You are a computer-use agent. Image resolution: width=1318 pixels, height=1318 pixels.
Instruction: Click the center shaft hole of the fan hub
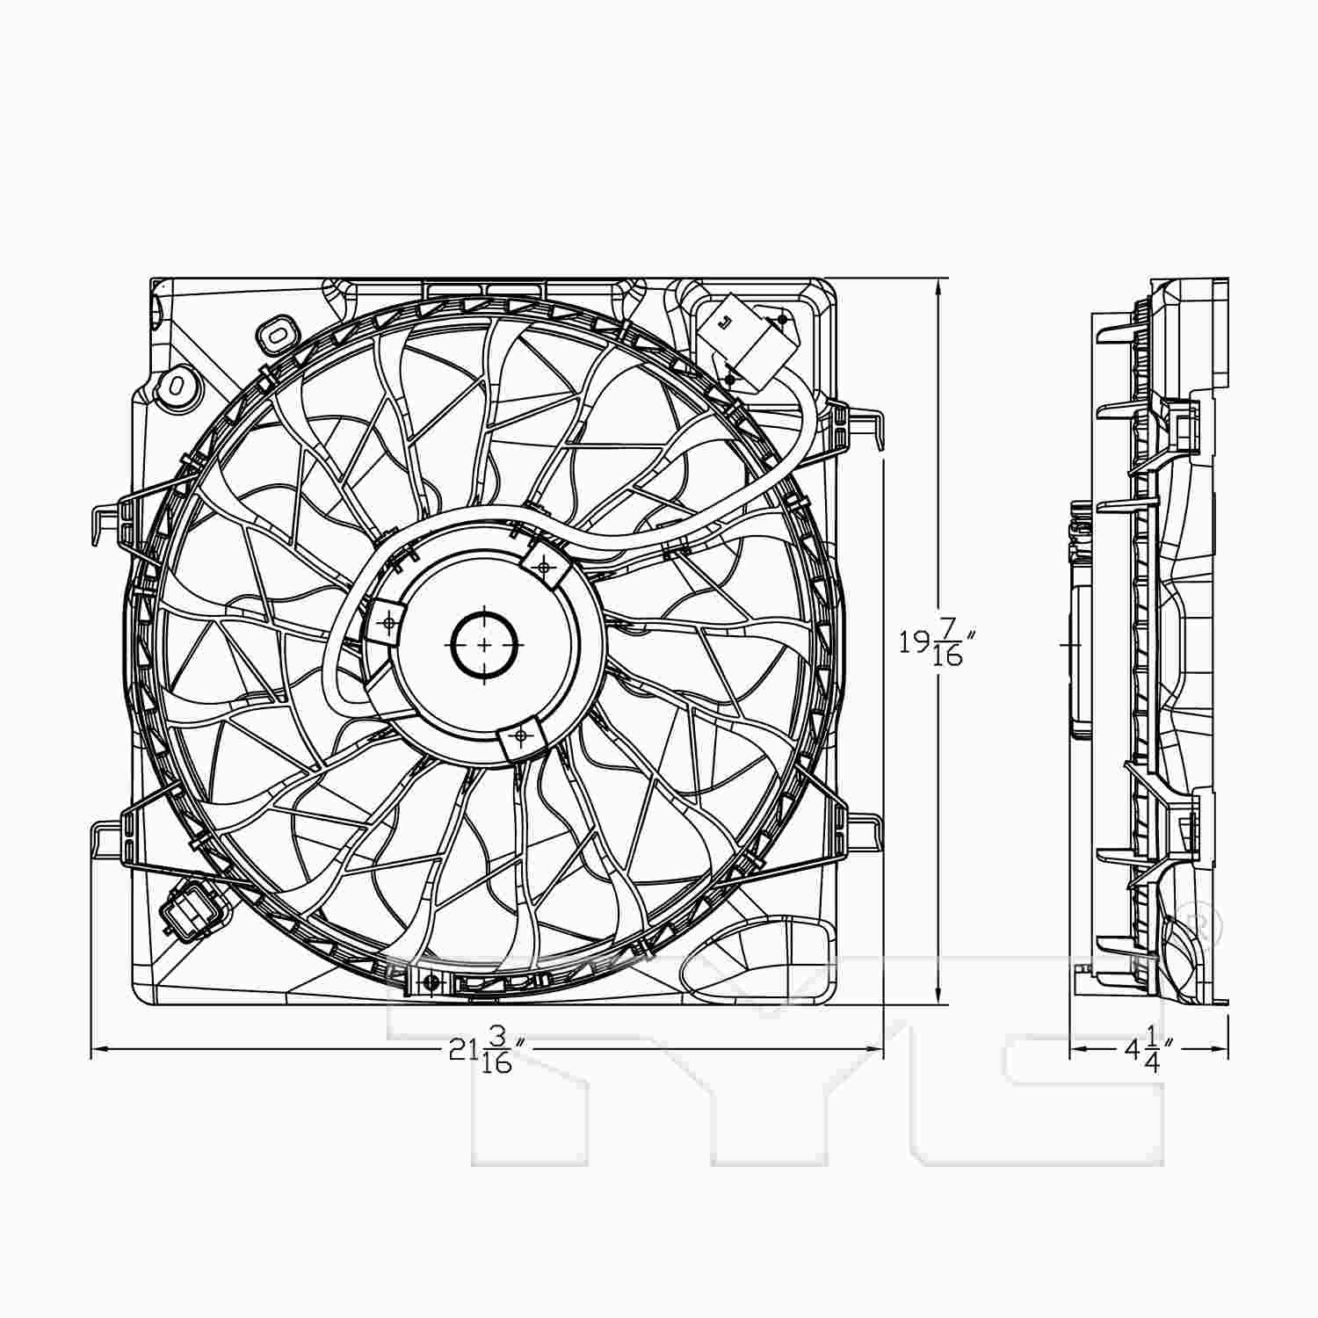(484, 645)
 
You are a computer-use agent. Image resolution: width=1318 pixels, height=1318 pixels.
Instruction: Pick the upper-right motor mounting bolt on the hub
(544, 567)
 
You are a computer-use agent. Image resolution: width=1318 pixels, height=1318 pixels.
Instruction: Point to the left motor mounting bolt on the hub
(388, 623)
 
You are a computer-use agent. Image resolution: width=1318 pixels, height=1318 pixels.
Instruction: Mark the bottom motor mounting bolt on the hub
(521, 735)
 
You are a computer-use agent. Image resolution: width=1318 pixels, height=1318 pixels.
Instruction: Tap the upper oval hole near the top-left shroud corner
(277, 335)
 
